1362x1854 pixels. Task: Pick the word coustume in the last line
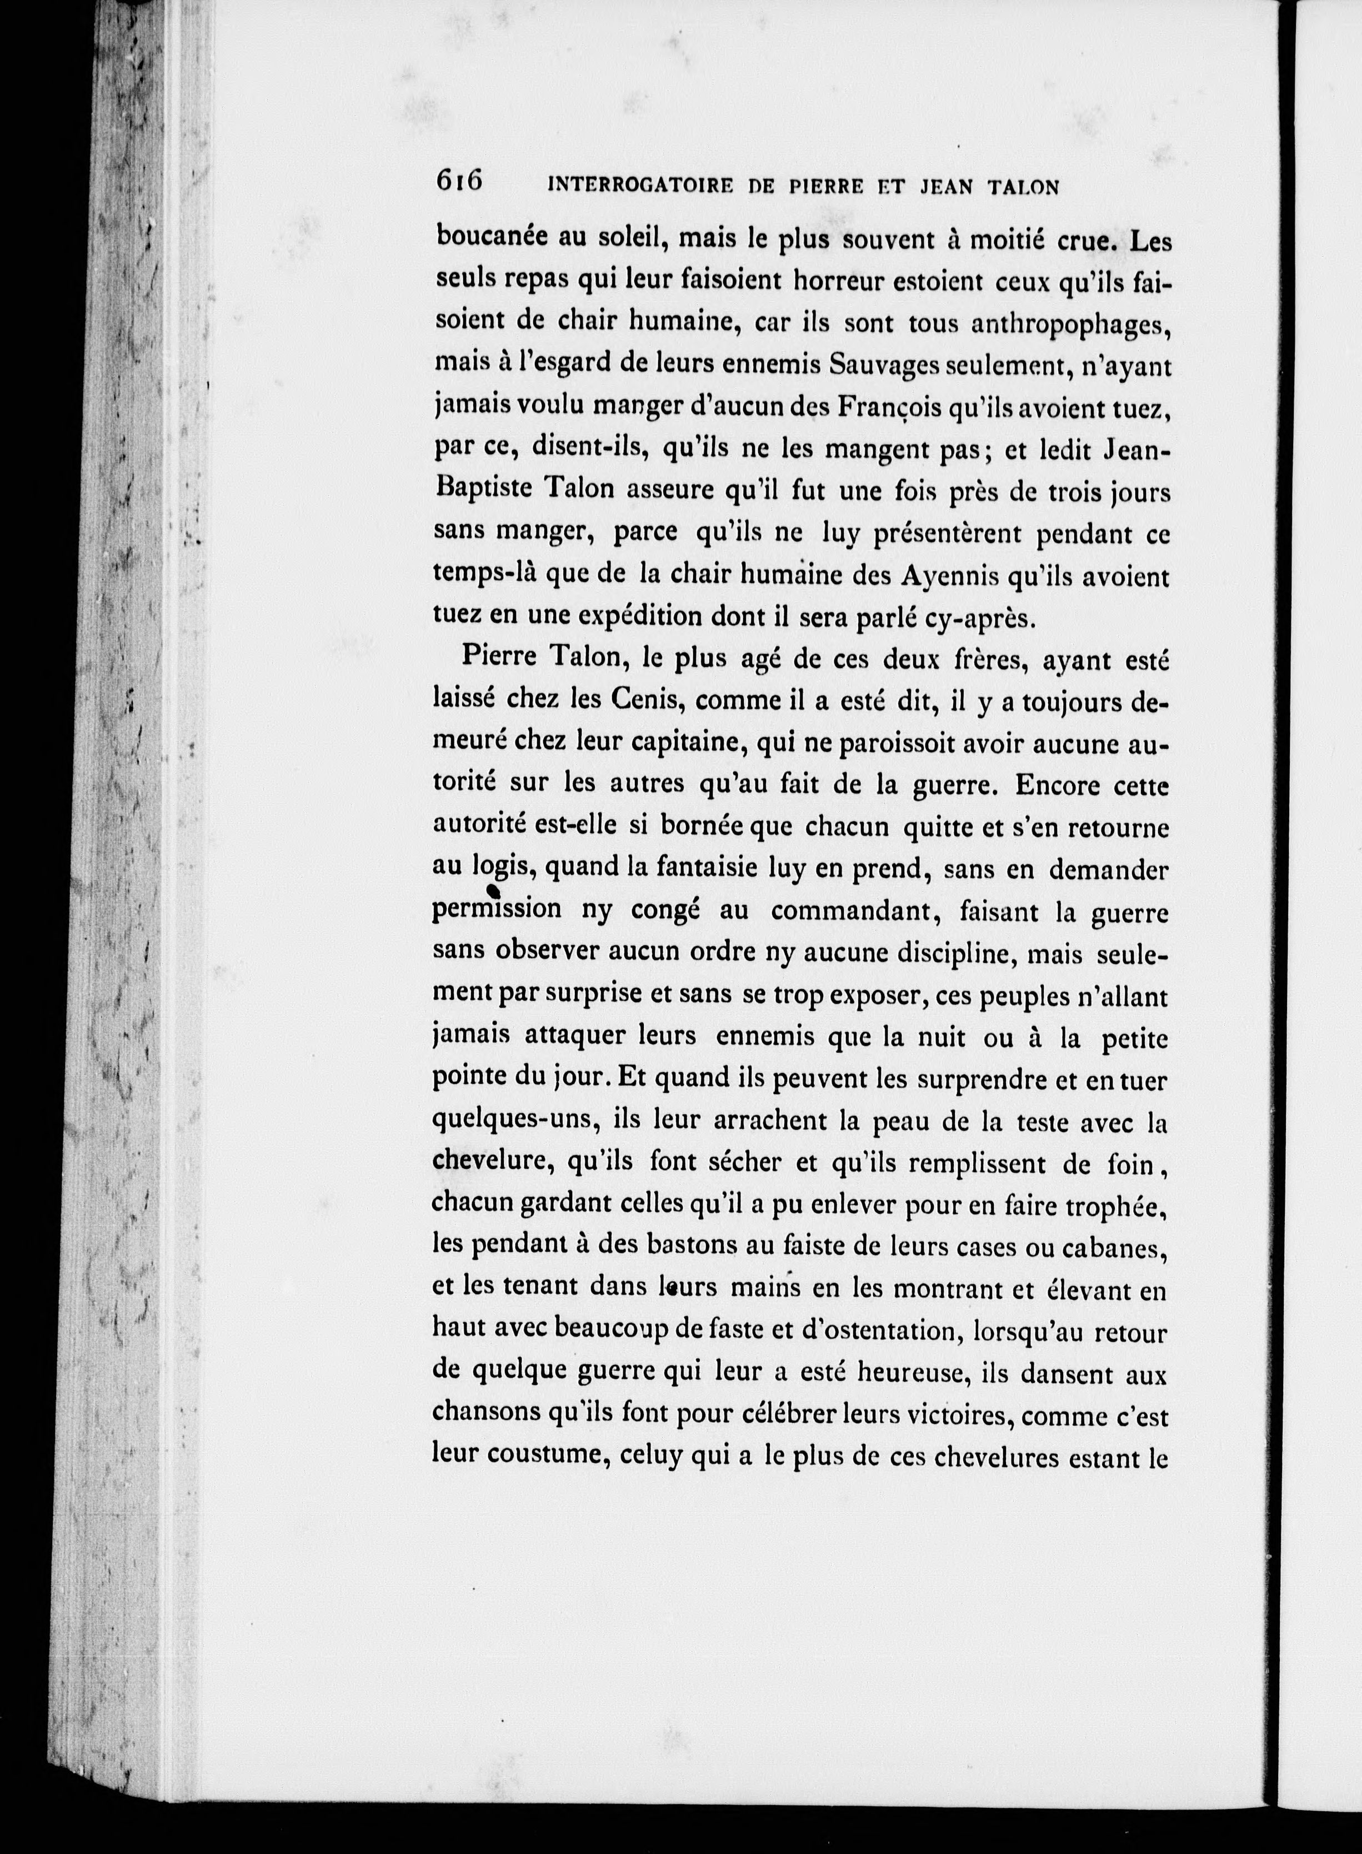543,1457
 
